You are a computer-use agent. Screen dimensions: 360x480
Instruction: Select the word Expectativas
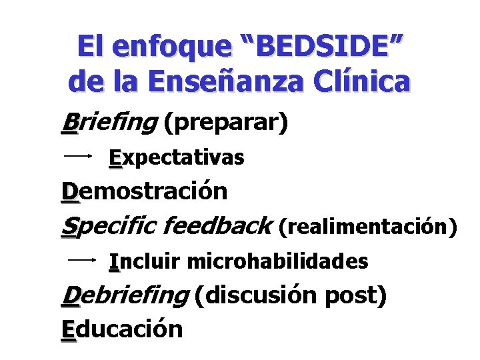[x=177, y=158]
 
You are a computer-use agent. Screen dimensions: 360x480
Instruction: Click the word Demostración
[x=144, y=191]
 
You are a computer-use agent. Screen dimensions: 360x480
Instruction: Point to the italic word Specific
[x=107, y=227]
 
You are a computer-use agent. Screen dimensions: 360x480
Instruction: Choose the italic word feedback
[x=217, y=227]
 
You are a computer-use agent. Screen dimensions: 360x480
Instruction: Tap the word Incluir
[x=145, y=261]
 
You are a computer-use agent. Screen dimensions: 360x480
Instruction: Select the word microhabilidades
[x=277, y=261]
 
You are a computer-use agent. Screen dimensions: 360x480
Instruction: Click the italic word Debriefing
[x=124, y=296]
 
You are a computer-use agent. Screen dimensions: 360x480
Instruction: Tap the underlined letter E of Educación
[x=68, y=329]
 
